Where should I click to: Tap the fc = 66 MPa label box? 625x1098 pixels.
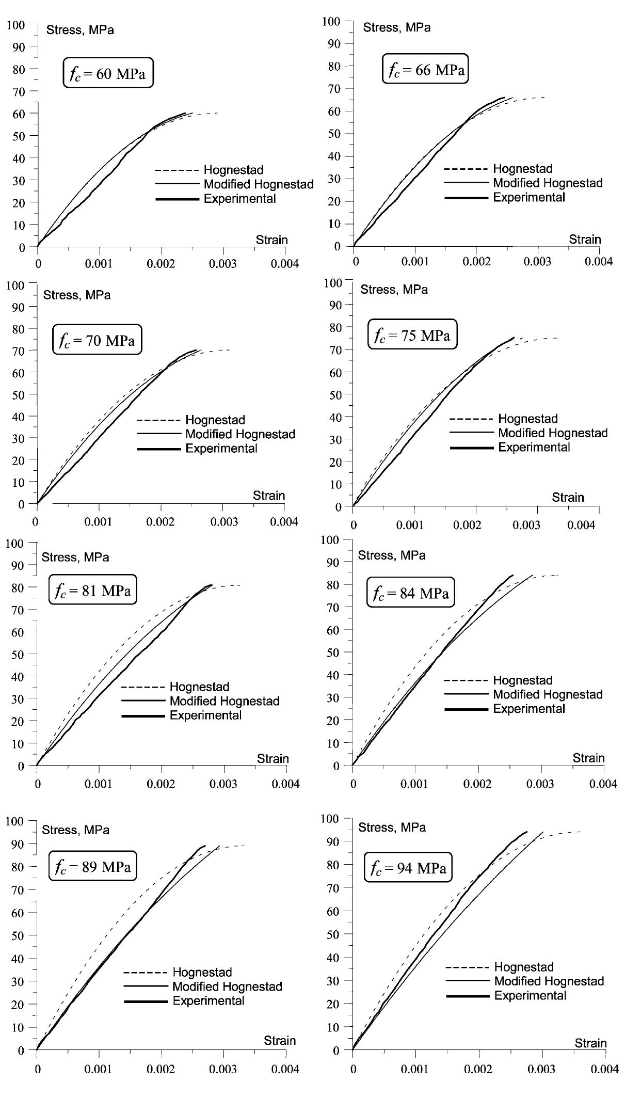click(425, 70)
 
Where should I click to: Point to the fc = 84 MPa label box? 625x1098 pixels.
click(411, 593)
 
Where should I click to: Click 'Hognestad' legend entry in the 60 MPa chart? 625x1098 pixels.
click(233, 170)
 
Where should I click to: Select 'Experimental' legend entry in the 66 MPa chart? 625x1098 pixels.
click(529, 197)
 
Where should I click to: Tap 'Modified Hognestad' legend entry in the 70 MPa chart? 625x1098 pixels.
click(240, 434)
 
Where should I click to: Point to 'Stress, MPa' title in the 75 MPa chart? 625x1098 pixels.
click(394, 290)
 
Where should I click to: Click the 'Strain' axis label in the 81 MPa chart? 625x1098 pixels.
click(273, 758)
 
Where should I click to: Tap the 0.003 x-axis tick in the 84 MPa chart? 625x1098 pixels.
click(541, 784)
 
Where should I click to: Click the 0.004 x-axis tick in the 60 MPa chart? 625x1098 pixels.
click(285, 263)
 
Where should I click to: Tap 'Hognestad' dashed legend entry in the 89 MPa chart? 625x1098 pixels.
click(202, 972)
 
